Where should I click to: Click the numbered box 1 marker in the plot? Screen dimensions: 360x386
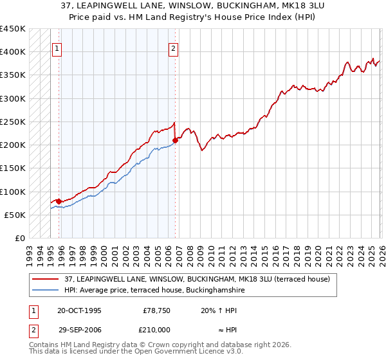coord(57,47)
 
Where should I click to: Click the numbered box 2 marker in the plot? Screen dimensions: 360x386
coord(174,47)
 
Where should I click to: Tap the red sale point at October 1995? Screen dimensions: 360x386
coord(59,201)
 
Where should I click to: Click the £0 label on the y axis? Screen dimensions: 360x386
coord(19,239)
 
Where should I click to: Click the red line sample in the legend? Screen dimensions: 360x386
coord(45,279)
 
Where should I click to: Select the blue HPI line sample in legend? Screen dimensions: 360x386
coord(45,290)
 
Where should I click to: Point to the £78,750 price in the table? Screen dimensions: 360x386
coord(154,310)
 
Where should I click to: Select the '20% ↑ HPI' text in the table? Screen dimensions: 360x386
coord(219,310)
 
